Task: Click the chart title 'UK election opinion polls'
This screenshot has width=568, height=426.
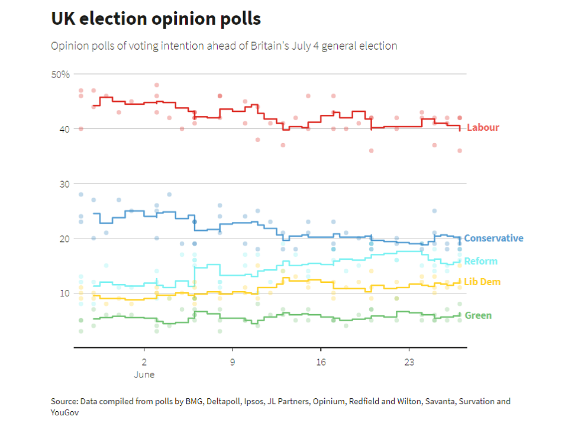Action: pos(156,19)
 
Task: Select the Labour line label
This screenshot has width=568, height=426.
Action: pos(483,128)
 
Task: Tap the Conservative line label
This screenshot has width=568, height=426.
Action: pos(493,238)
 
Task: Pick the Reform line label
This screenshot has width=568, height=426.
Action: pos(480,262)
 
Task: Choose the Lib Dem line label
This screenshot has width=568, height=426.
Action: pos(482,282)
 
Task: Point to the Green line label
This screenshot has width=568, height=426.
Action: pos(478,316)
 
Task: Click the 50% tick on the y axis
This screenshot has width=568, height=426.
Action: pos(61,75)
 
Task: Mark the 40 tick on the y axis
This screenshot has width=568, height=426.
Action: pos(64,129)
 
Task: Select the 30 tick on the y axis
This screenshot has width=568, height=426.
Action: pos(64,184)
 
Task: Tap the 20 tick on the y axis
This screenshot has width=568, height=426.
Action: pos(64,238)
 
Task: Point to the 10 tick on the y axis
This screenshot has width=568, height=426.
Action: pos(64,293)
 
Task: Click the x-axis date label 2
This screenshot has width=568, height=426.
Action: pos(144,362)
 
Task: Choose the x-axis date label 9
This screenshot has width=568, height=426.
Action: pos(233,362)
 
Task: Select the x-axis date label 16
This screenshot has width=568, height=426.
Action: pos(321,362)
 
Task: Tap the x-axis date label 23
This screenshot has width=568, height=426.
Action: pos(409,362)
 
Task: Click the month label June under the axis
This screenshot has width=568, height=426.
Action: pos(144,375)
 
